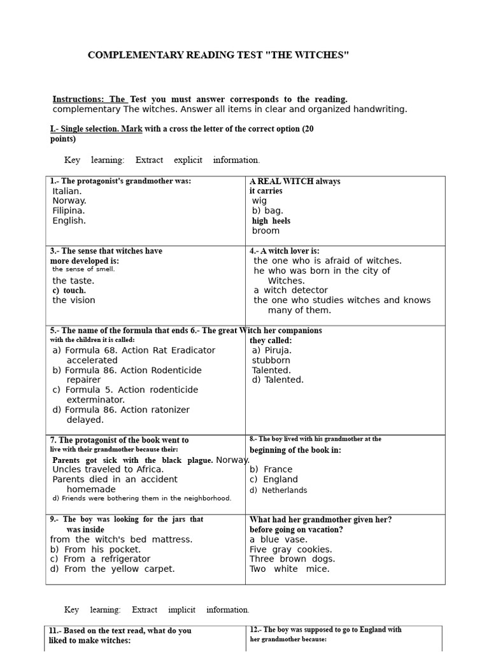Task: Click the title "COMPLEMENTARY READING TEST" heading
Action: click(218, 55)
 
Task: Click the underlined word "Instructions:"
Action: click(80, 99)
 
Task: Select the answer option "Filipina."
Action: click(68, 211)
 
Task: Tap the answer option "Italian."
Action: click(67, 191)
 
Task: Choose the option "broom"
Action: click(266, 230)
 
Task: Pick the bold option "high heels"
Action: click(271, 221)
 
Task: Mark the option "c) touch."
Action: click(69, 290)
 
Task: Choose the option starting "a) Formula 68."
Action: click(134, 350)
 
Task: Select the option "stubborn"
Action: click(271, 360)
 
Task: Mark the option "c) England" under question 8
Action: click(273, 479)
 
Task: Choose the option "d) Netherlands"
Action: click(278, 490)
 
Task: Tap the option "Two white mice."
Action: click(289, 569)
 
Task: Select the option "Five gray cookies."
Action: click(290, 549)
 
